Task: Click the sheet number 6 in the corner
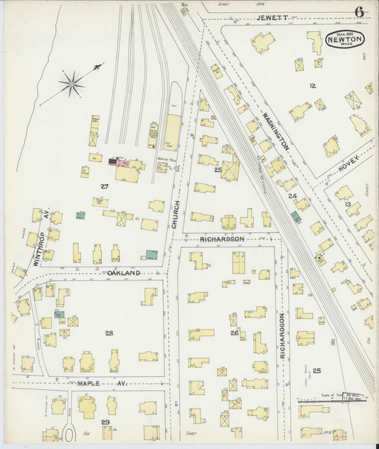[360, 12]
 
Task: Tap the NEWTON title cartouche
[345, 40]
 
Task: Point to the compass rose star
[71, 85]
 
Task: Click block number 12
[311, 85]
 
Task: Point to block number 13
[348, 205]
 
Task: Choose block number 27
[104, 186]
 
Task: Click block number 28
[109, 332]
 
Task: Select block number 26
[234, 332]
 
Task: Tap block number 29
[105, 422]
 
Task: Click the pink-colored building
[122, 163]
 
